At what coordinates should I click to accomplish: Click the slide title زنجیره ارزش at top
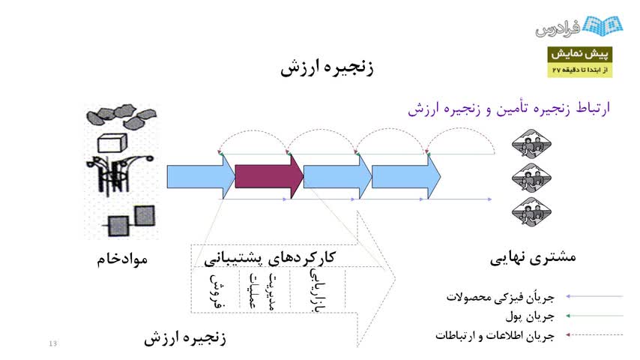pyautogui.click(x=327, y=68)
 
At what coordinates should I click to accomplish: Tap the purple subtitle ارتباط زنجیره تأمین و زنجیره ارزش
pyautogui.click(x=509, y=109)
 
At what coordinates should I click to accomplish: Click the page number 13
pyautogui.click(x=52, y=343)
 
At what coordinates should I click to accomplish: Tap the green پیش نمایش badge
pyautogui.click(x=581, y=55)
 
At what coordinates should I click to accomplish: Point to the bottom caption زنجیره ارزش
pyautogui.click(x=185, y=338)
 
